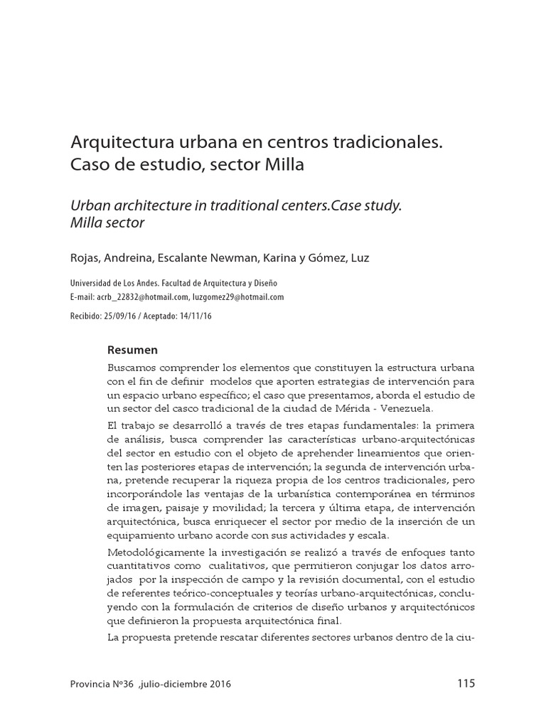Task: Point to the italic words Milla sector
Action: (107, 223)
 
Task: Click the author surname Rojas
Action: (85, 257)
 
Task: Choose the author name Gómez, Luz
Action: (338, 257)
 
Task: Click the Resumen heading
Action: (132, 350)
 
